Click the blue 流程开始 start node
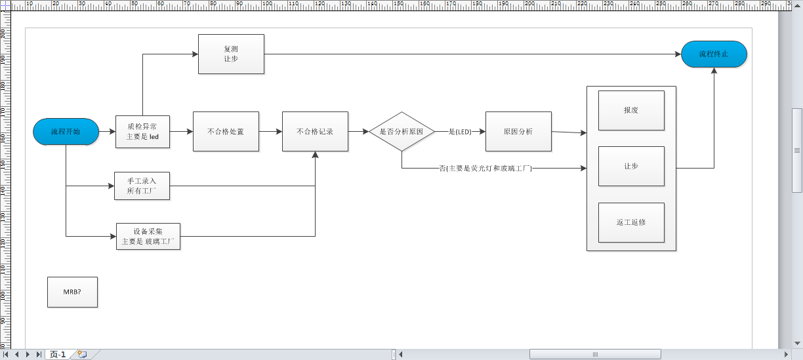tap(66, 132)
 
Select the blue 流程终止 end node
tap(714, 54)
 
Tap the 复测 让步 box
tap(231, 54)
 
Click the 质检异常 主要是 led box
tap(142, 132)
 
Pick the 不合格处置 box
tap(226, 132)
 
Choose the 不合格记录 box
tap(315, 132)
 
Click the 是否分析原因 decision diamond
tap(401, 132)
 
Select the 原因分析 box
tap(518, 132)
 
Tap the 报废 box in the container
tap(631, 110)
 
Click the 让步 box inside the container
tap(631, 167)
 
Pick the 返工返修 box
tap(631, 222)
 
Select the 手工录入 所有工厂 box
tap(142, 186)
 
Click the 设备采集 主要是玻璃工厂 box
tap(148, 236)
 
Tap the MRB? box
tap(72, 292)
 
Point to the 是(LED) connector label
tap(461, 132)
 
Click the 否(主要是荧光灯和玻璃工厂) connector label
tap(485, 169)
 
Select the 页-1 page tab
tap(58, 355)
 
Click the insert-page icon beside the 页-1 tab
tap(82, 355)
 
